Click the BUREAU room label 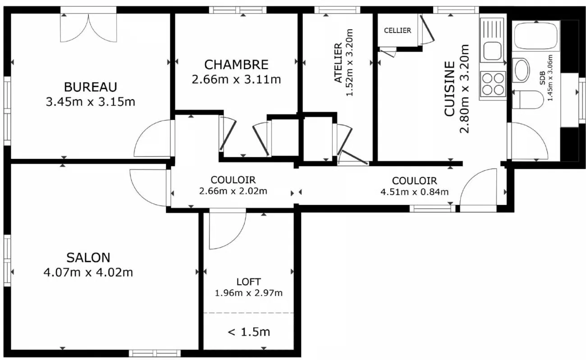click(x=91, y=87)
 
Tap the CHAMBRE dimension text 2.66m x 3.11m click(x=236, y=79)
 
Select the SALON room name click(x=88, y=258)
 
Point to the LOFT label click(x=248, y=282)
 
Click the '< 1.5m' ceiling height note click(x=249, y=332)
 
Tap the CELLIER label click(x=398, y=31)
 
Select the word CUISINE click(x=449, y=88)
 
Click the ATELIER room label click(x=338, y=63)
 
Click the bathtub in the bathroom click(x=536, y=36)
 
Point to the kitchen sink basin click(x=492, y=51)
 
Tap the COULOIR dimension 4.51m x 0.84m click(x=414, y=192)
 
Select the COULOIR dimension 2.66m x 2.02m click(x=233, y=191)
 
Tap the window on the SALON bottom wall click(x=155, y=353)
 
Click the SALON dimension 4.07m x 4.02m click(x=88, y=272)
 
